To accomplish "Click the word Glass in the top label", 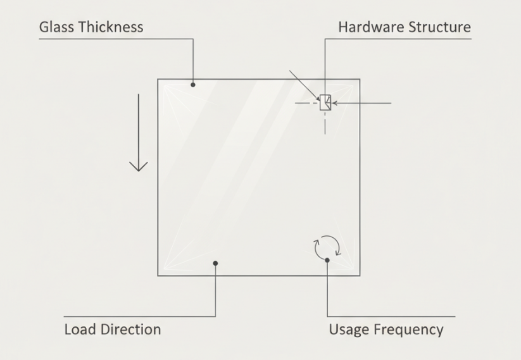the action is pyautogui.click(x=56, y=27).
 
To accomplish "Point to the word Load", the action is pyautogui.click(x=78, y=330).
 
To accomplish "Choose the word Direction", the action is pyautogui.click(x=130, y=330).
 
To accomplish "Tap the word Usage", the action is pyautogui.click(x=347, y=330).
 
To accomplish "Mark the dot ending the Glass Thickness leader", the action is pyautogui.click(x=193, y=84).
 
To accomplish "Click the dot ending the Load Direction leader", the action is pyautogui.click(x=215, y=263).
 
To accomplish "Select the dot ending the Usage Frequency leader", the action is pyautogui.click(x=327, y=259).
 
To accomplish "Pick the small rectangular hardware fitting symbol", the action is pyautogui.click(x=325, y=102).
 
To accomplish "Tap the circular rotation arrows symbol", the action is pyautogui.click(x=327, y=246).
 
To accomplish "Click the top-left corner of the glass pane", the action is pyautogui.click(x=158, y=80).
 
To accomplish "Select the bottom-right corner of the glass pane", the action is pyautogui.click(x=360, y=275).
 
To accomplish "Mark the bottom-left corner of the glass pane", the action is pyautogui.click(x=158, y=275).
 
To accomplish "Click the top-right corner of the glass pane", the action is pyautogui.click(x=360, y=80).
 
